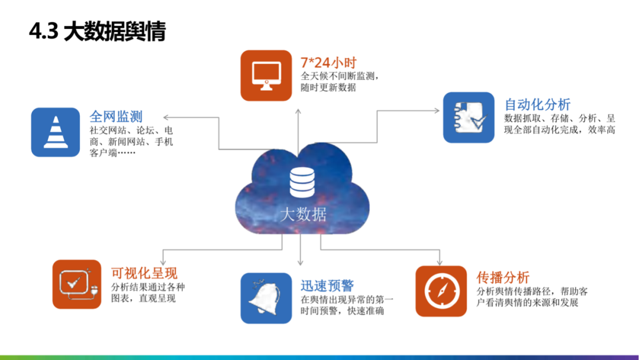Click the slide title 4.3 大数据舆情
tap(98, 31)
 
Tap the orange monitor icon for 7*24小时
tap(266, 75)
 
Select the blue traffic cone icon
tap(55, 132)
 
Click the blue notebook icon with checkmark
tap(469, 117)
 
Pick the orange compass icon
tap(441, 291)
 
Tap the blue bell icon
tap(266, 298)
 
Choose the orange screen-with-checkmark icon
tap(77, 284)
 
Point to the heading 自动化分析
tap(537, 105)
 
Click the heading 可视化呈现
tap(144, 273)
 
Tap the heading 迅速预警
tap(327, 285)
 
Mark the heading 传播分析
tap(503, 277)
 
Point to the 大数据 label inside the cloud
tap(303, 214)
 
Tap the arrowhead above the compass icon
tap(440, 262)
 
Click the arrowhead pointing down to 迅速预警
tap(301, 262)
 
